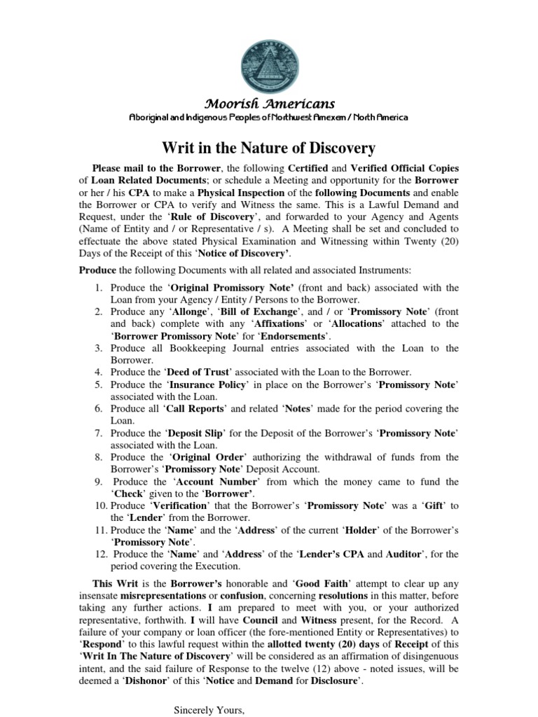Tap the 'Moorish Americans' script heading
[x=269, y=104]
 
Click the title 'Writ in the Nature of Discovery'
[x=269, y=148]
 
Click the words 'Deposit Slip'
[x=193, y=433]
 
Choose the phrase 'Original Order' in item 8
[x=205, y=457]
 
